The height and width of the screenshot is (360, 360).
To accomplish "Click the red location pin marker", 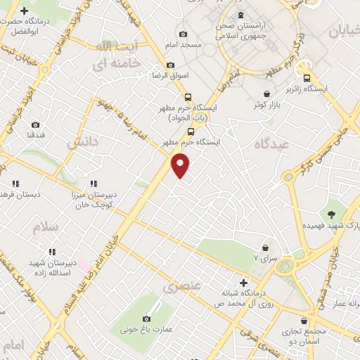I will (181, 166).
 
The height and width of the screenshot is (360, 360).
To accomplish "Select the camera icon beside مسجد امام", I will (184, 34).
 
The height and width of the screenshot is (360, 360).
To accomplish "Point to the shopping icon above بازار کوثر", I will (266, 94).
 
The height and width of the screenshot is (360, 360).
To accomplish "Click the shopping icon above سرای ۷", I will (265, 247).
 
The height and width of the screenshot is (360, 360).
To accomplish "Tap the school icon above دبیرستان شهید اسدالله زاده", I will (52, 251).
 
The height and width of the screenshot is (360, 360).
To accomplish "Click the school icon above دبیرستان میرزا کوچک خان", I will (94, 184).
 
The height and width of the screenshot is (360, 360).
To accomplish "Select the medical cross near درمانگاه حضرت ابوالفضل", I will (25, 11).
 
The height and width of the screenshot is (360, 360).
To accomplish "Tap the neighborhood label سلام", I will (45, 227).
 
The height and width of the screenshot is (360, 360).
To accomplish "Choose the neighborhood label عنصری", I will (181, 287).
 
